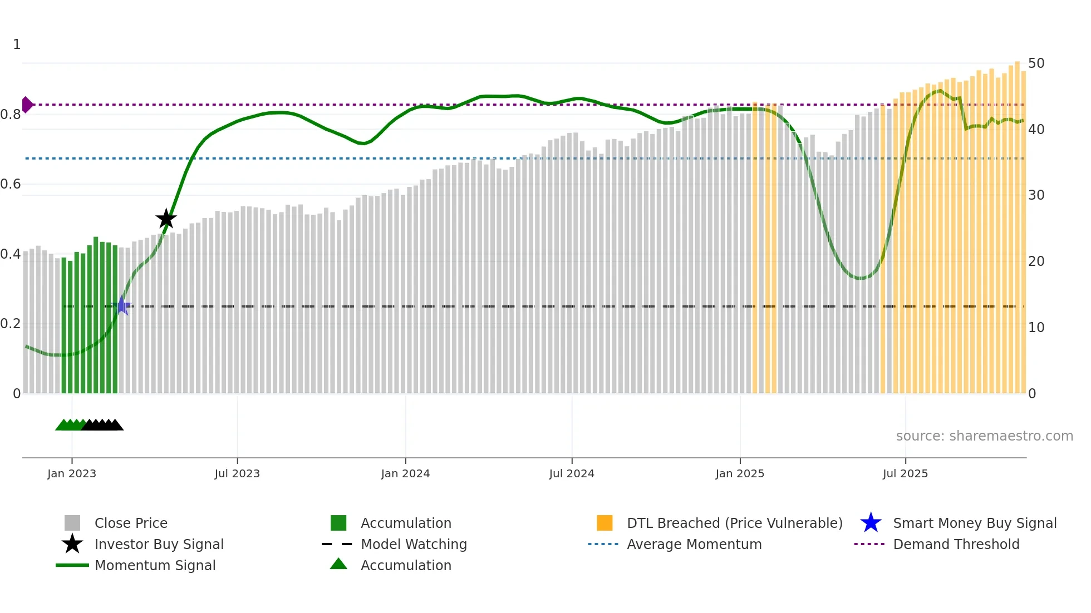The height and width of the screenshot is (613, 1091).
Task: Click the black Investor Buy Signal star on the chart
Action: (166, 219)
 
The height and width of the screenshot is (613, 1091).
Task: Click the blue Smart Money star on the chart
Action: (122, 306)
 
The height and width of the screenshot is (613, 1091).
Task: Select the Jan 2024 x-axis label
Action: (405, 473)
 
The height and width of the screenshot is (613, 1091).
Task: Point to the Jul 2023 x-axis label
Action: (237, 473)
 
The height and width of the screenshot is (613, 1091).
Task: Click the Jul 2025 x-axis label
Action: (905, 473)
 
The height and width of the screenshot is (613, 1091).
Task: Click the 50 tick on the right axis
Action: (1036, 63)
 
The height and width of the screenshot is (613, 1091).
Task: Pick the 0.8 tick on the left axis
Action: (11, 115)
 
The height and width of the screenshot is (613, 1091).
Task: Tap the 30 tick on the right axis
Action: (1036, 195)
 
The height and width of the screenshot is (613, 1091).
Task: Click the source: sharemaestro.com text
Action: (984, 436)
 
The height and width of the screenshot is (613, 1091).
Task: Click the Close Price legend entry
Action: (131, 523)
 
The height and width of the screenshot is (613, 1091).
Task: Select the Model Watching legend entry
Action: (414, 544)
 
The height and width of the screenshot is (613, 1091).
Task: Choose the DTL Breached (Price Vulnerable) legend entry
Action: (734, 523)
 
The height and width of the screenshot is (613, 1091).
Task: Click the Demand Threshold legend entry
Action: (956, 544)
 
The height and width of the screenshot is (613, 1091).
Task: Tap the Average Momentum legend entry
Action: (694, 544)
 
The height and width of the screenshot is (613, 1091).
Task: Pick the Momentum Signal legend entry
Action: (155, 565)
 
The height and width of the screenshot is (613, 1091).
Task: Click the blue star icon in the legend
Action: (871, 523)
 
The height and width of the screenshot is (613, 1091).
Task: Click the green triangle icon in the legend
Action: (338, 564)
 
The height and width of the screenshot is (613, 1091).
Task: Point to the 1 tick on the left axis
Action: (17, 45)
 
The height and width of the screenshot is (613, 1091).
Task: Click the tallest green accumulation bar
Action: (96, 315)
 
